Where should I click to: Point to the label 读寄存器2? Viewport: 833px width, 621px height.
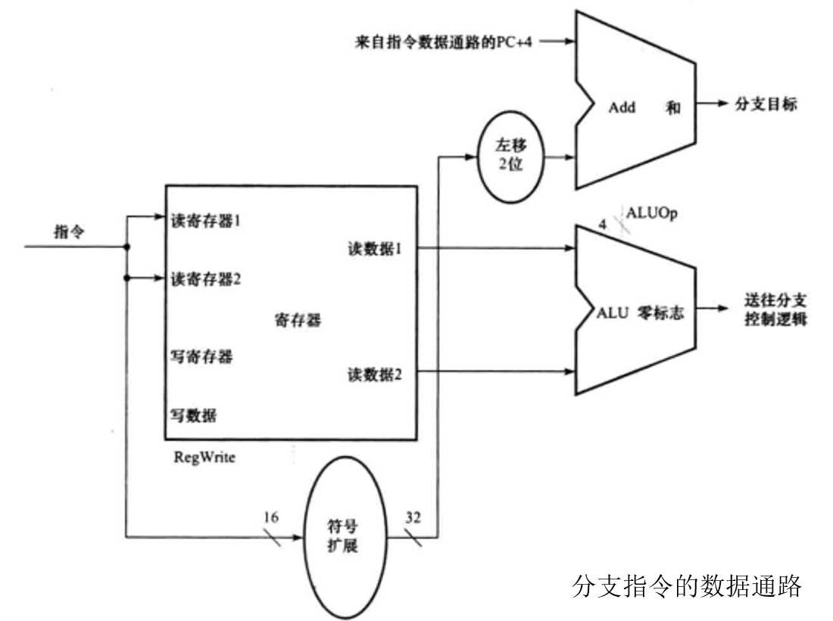206,278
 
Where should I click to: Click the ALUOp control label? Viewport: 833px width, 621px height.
651,213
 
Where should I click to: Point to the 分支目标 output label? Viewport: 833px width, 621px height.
766,104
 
